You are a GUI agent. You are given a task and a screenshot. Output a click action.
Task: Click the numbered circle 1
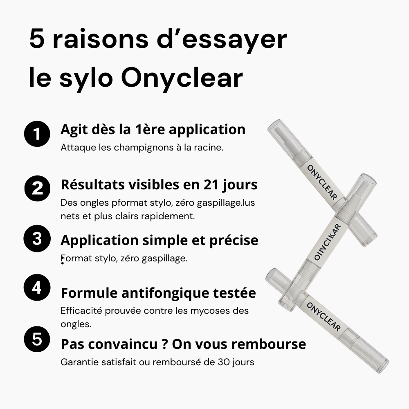pos(37,134)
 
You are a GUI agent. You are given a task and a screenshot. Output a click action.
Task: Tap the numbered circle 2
pos(37,188)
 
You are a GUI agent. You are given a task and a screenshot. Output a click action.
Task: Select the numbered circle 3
pos(37,238)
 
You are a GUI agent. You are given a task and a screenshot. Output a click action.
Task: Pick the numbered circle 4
pos(37,288)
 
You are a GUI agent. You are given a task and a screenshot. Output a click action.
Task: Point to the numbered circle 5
pos(37,339)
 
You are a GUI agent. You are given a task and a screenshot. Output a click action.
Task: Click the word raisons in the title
pos(100,40)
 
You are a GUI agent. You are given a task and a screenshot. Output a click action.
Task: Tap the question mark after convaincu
pos(164,344)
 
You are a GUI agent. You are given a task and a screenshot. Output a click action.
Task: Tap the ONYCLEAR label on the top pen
pos(322,182)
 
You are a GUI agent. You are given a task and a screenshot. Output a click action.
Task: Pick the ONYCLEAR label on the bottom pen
pos(324,317)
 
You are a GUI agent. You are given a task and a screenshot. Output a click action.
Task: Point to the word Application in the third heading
pos(99,240)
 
